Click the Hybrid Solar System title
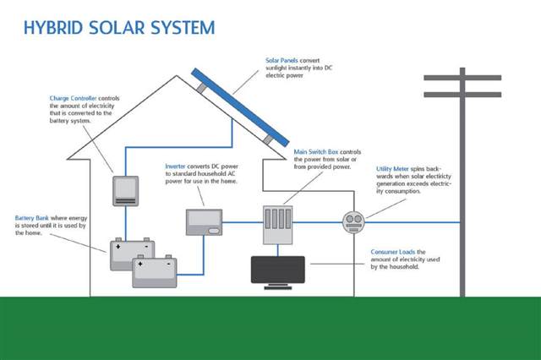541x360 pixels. click(119, 28)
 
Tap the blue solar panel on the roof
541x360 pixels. click(240, 107)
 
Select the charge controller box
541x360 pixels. click(126, 191)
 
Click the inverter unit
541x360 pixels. click(204, 222)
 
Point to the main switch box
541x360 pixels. click(278, 225)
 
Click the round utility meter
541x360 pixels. click(353, 222)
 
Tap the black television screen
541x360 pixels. click(278, 270)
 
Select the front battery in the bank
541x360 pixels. click(155, 272)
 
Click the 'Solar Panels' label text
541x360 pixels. click(281, 60)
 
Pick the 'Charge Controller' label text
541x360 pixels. click(74, 98)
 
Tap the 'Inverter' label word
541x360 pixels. click(175, 166)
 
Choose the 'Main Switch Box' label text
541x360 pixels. click(316, 152)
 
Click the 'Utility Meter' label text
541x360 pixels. click(392, 169)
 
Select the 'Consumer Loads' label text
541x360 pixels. click(393, 252)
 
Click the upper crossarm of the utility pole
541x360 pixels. click(462, 78)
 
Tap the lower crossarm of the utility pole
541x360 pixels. click(462, 95)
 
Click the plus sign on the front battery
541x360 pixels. click(140, 265)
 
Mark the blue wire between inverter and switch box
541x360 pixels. click(243, 222)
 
